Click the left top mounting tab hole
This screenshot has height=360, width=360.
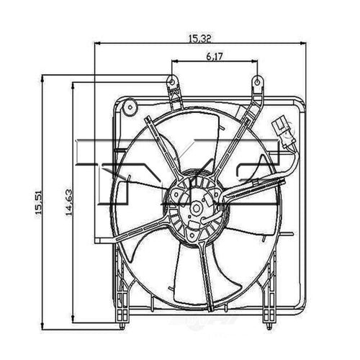tap(171, 79)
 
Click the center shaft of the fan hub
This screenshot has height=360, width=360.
tap(197, 206)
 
